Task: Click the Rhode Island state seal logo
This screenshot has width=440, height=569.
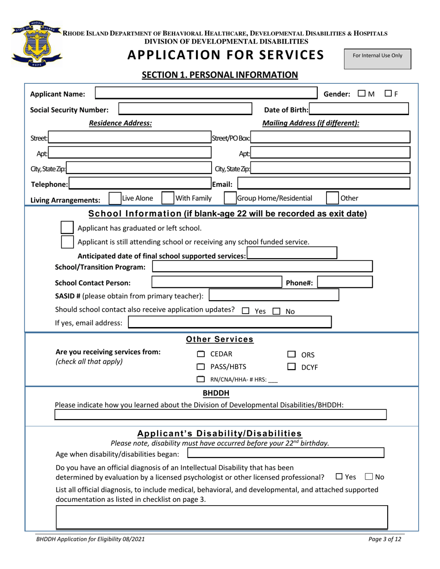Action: pyautogui.click(x=37, y=44)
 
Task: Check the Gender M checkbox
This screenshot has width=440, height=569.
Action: pyautogui.click(x=362, y=94)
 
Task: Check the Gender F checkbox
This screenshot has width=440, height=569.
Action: pyautogui.click(x=389, y=94)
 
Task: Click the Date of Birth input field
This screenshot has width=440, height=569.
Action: pyautogui.click(x=359, y=109)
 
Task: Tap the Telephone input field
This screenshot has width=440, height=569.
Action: pyautogui.click(x=139, y=184)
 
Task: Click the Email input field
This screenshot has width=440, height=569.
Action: pyautogui.click(x=324, y=184)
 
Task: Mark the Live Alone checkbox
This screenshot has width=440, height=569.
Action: pyautogui.click(x=114, y=198)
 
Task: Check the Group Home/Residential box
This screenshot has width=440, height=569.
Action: pyautogui.click(x=230, y=198)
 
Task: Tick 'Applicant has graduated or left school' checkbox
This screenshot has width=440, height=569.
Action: pyautogui.click(x=67, y=228)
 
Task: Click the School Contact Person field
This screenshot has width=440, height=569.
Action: pyautogui.click(x=217, y=282)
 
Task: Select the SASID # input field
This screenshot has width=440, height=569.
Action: pyautogui.click(x=274, y=295)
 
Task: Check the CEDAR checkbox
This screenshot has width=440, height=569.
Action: pyautogui.click(x=201, y=354)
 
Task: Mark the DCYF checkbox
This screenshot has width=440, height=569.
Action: pyautogui.click(x=291, y=367)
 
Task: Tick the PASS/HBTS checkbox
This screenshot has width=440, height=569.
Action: pyautogui.click(x=201, y=367)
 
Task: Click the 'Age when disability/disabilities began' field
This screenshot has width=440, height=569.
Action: pyautogui.click(x=285, y=453)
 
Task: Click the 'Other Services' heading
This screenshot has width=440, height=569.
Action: pyautogui.click(x=220, y=339)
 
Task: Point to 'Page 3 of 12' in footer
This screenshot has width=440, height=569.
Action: pyautogui.click(x=385, y=539)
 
